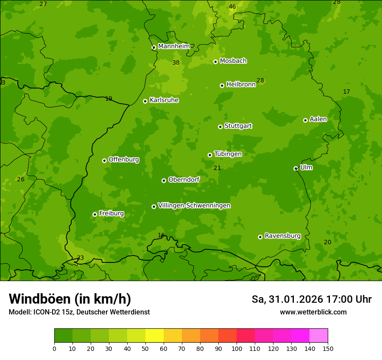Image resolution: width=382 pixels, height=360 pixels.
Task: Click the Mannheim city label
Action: [x=174, y=46]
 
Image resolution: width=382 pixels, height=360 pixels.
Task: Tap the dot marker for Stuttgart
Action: [x=220, y=127]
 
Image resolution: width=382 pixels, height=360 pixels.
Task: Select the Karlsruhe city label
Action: [x=164, y=100]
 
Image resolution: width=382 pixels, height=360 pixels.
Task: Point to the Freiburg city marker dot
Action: [x=95, y=214]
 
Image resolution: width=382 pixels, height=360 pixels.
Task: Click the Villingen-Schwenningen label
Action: [x=194, y=206]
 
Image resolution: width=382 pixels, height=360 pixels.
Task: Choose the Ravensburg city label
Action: [x=282, y=236]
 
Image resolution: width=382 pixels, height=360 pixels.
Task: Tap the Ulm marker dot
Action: [x=296, y=168]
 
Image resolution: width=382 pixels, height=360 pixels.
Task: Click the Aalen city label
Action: [x=318, y=119]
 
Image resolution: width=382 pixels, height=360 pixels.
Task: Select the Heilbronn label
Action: [x=240, y=85]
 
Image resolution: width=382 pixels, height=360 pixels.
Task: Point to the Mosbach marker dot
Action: [x=215, y=62]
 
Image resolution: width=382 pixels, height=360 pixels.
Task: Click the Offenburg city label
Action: [x=123, y=160]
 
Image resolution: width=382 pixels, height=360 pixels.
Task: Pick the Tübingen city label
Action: [x=227, y=154]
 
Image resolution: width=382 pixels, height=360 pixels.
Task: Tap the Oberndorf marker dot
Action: [x=164, y=180]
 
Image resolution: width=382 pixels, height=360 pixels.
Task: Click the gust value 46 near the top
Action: [x=232, y=7]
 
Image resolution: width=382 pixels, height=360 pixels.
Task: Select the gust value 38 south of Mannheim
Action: [x=176, y=63]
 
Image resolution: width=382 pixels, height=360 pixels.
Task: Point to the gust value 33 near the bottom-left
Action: [x=80, y=258]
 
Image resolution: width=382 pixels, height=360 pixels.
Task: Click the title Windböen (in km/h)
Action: [x=70, y=299]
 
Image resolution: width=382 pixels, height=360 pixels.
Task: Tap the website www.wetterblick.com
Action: [x=313, y=312]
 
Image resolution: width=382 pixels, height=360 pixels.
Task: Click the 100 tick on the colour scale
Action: [x=237, y=348]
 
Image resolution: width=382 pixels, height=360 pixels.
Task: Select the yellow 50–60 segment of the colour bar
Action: [x=155, y=336]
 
